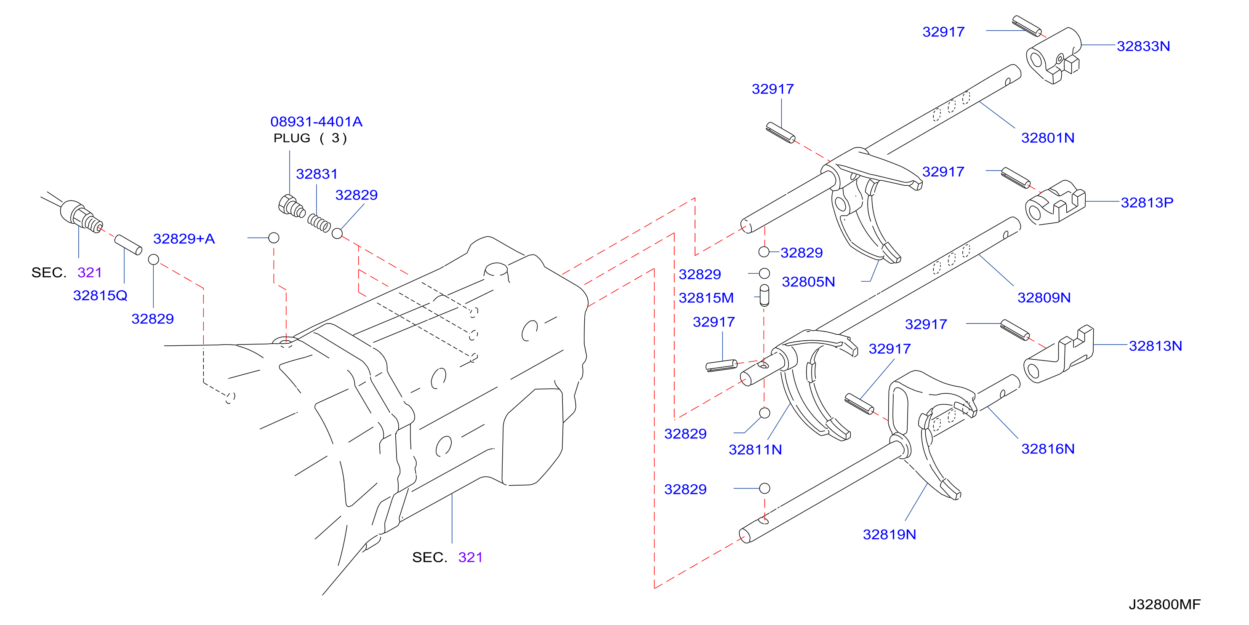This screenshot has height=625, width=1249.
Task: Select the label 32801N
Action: coord(1047,138)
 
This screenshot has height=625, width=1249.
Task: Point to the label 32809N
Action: coord(1044,297)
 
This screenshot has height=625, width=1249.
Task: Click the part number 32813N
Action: coord(1155,346)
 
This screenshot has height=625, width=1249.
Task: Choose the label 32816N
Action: coord(1047,449)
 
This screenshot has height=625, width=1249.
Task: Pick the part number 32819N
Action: coord(889,534)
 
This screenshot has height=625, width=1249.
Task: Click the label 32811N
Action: coord(755,449)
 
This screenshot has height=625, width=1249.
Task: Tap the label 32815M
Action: coord(706,297)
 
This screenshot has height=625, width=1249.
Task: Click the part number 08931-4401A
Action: coord(316,121)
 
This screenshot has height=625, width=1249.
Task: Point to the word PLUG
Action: coord(292,138)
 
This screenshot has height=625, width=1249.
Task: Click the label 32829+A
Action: coord(184,238)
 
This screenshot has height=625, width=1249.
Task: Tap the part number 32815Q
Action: coord(100,295)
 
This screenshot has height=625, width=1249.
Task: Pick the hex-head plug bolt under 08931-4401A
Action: coord(291,206)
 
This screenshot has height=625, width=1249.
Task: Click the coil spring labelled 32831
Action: coord(319,223)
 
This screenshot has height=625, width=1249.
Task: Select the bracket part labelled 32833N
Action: coord(1054,56)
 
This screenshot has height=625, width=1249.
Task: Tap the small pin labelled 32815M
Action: coord(764,295)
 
